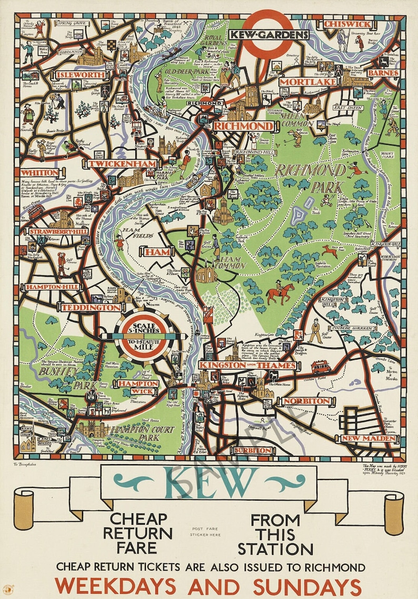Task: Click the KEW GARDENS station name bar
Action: pyautogui.click(x=268, y=35)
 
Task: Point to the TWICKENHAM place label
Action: pyautogui.click(x=123, y=164)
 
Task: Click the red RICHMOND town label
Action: pyautogui.click(x=244, y=127)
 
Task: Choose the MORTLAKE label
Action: pyautogui.click(x=300, y=82)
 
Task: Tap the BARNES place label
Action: pyautogui.click(x=383, y=73)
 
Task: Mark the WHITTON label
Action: pyautogui.click(x=40, y=173)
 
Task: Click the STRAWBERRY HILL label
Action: pyautogui.click(x=52, y=232)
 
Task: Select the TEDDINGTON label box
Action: pyautogui.click(x=91, y=307)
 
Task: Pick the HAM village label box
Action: pyautogui.click(x=158, y=252)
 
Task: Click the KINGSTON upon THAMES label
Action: pyautogui.click(x=248, y=365)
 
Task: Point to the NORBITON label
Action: pyautogui.click(x=306, y=401)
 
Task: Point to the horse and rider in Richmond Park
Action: pyautogui.click(x=280, y=293)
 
